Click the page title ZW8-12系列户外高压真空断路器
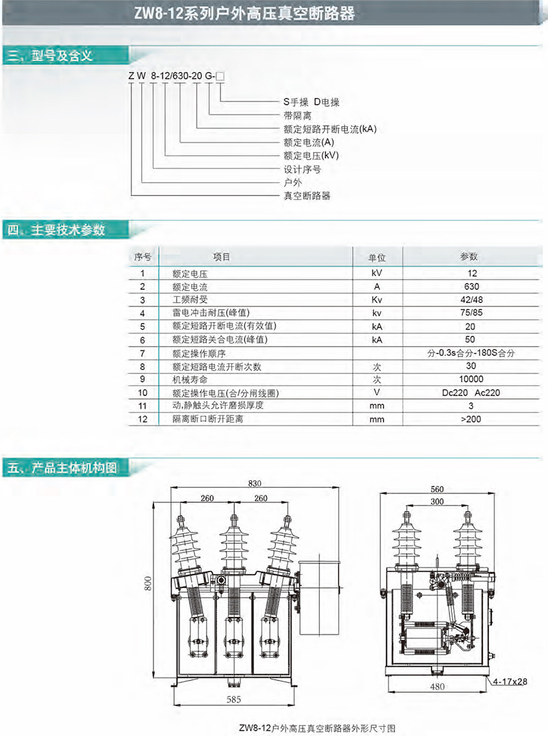click(x=274, y=13)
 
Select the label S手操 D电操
click(x=312, y=102)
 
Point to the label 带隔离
click(x=297, y=115)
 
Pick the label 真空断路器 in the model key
click(x=307, y=195)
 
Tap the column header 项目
click(x=222, y=257)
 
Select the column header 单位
click(x=377, y=258)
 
